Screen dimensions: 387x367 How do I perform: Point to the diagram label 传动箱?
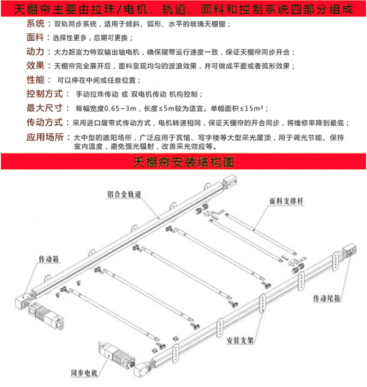click(x=49, y=259)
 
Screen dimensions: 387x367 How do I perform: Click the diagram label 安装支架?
click(x=241, y=340)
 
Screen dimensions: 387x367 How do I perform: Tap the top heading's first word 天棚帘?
click(x=27, y=9)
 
